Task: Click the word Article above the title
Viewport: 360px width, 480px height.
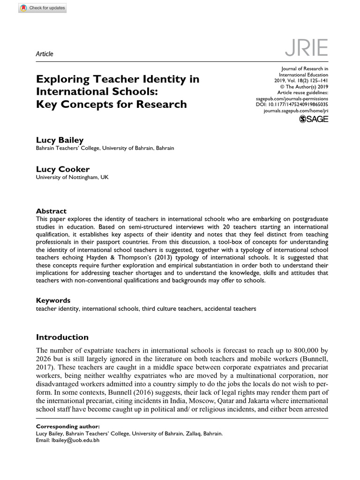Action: click(45, 54)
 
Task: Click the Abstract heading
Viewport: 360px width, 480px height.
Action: click(51, 211)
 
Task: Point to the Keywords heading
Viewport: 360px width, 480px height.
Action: click(53, 300)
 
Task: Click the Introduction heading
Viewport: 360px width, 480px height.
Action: click(62, 337)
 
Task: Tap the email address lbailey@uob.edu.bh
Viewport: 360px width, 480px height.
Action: click(75, 440)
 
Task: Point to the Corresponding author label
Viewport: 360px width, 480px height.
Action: click(67, 427)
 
